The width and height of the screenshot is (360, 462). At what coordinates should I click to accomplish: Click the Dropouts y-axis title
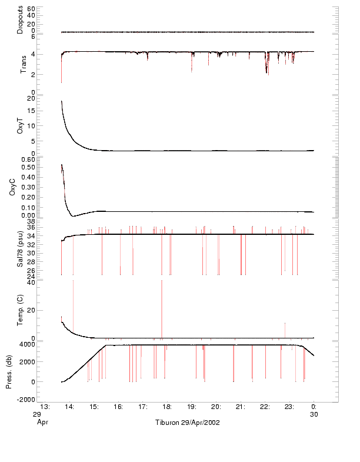[20, 19]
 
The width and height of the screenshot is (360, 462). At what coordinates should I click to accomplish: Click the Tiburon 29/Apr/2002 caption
[188, 423]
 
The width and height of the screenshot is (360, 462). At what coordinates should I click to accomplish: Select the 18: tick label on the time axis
[167, 407]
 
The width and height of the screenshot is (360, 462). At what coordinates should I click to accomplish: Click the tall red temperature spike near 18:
[162, 306]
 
